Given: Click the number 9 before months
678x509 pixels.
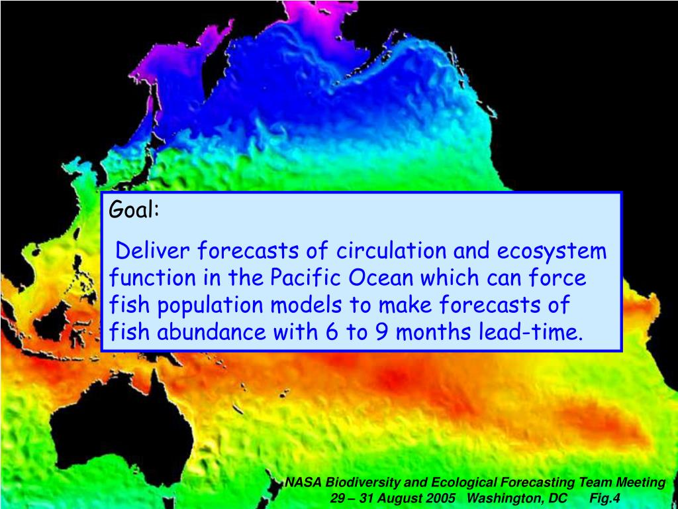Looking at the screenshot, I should click(381, 331).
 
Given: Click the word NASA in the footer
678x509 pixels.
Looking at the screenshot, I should click(301, 483).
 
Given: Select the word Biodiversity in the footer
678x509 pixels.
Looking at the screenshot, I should click(354, 483).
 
